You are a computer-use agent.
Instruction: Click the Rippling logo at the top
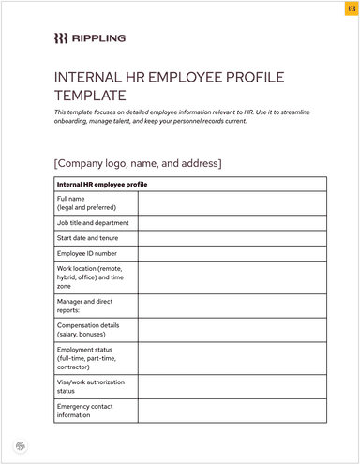coord(89,38)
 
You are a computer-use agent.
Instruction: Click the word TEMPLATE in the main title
coord(90,95)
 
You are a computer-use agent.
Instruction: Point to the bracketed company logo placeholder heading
coord(139,163)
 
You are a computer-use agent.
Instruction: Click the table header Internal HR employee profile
coord(102,184)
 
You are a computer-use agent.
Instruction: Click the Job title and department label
coord(92,223)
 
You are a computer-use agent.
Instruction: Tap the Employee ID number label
coord(87,253)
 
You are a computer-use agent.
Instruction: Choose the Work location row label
coord(91,277)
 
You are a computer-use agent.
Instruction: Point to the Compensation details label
coord(88,330)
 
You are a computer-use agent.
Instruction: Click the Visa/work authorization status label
coord(91,387)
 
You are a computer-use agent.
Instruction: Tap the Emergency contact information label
coord(86,411)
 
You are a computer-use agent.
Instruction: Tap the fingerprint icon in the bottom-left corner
coord(21,444)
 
